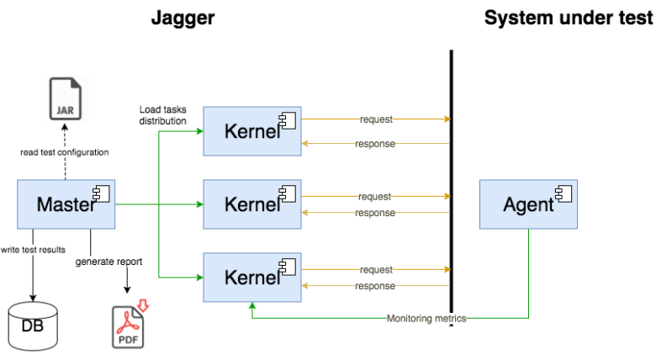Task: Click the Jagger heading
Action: pos(183,18)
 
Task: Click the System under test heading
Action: pos(569,18)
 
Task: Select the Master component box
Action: pos(66,204)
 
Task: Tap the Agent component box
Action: pos(528,204)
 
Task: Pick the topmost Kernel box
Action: pos(252,131)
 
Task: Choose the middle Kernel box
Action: pos(252,204)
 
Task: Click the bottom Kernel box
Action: pos(252,277)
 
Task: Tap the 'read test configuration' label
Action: pos(66,152)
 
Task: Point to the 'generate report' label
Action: pos(109,262)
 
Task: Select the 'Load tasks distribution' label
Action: pos(163,114)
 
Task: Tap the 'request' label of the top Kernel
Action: pos(376,119)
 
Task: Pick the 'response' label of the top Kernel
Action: pos(375,144)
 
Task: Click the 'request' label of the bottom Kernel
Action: pos(376,270)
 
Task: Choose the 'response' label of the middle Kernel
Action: pos(375,213)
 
